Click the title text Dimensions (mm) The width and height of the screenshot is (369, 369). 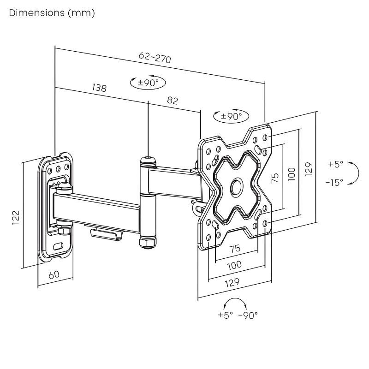(x=52, y=13)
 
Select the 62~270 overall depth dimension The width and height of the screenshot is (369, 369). (x=155, y=58)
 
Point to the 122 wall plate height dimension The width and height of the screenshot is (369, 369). (x=15, y=217)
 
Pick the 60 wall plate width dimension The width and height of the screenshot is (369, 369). (x=54, y=274)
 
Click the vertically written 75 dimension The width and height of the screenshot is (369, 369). (x=275, y=178)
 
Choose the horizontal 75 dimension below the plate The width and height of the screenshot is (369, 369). (x=235, y=248)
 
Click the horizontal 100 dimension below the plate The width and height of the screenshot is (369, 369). (x=235, y=265)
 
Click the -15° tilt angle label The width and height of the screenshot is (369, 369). (x=334, y=183)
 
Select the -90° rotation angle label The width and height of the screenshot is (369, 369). (x=248, y=315)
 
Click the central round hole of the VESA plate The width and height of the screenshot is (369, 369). (x=237, y=186)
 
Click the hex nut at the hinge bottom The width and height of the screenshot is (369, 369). (x=147, y=241)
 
